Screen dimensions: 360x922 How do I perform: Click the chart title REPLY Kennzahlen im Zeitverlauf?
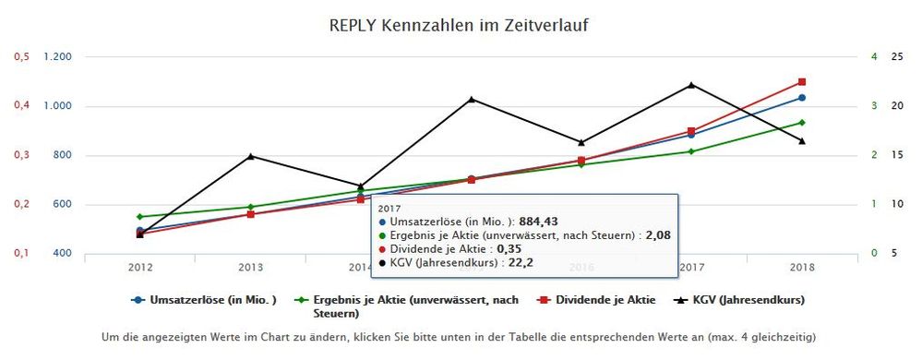pyautogui.click(x=459, y=25)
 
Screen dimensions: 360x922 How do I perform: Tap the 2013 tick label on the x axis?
pyautogui.click(x=250, y=268)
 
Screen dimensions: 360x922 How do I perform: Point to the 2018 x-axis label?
pyautogui.click(x=801, y=268)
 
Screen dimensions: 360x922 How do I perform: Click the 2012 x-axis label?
pyautogui.click(x=140, y=268)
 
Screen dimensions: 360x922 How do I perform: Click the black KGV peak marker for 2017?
pyautogui.click(x=691, y=85)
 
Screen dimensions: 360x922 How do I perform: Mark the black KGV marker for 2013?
pyautogui.click(x=250, y=156)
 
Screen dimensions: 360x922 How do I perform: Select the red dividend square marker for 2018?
pyautogui.click(x=801, y=82)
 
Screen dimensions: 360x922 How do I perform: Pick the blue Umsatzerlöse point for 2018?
pyautogui.click(x=801, y=97)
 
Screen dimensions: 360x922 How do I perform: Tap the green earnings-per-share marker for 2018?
pyautogui.click(x=801, y=123)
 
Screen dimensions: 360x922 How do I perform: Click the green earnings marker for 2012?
pyautogui.click(x=140, y=217)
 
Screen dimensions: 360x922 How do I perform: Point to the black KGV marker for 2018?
pyautogui.click(x=801, y=141)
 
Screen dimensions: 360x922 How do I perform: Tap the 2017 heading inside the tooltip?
pyautogui.click(x=391, y=209)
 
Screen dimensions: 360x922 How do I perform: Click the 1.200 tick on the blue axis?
pyautogui.click(x=57, y=57)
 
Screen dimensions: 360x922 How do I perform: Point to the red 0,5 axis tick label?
pyautogui.click(x=20, y=57)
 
